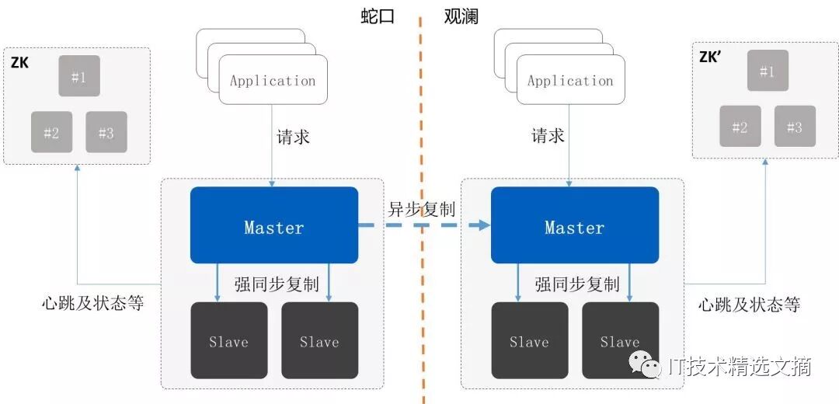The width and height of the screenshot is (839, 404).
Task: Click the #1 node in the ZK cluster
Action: [x=79, y=76]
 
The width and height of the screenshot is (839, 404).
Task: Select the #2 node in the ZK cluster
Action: [x=51, y=132]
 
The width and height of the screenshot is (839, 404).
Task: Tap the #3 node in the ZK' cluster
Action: [x=795, y=127]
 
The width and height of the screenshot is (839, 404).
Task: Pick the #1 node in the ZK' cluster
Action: [x=768, y=71]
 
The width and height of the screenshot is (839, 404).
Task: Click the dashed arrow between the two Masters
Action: [x=423, y=225]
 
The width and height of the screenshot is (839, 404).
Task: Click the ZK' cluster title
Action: [x=711, y=57]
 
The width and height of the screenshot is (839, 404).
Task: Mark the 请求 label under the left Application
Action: [x=294, y=138]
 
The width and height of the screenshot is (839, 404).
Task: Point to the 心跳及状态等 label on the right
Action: [x=749, y=304]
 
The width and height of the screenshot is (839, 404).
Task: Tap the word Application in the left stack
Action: [x=273, y=81]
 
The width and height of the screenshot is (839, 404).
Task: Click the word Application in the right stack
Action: [x=570, y=81]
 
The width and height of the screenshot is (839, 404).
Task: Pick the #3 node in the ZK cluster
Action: [x=106, y=132]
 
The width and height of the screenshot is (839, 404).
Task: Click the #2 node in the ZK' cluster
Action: [x=740, y=127]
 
